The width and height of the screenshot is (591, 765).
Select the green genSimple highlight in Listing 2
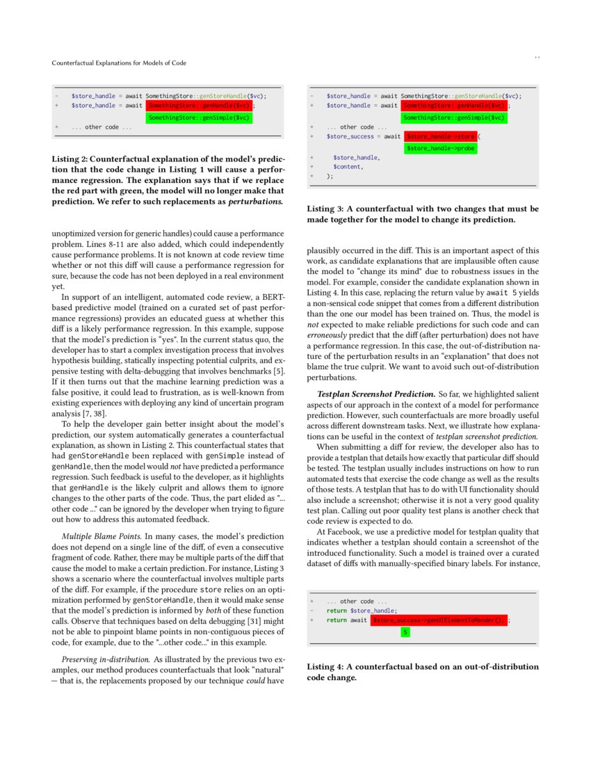tap(199, 118)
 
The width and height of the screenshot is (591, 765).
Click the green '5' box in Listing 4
tap(405, 632)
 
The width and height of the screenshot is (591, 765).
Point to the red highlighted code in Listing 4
tap(439, 620)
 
